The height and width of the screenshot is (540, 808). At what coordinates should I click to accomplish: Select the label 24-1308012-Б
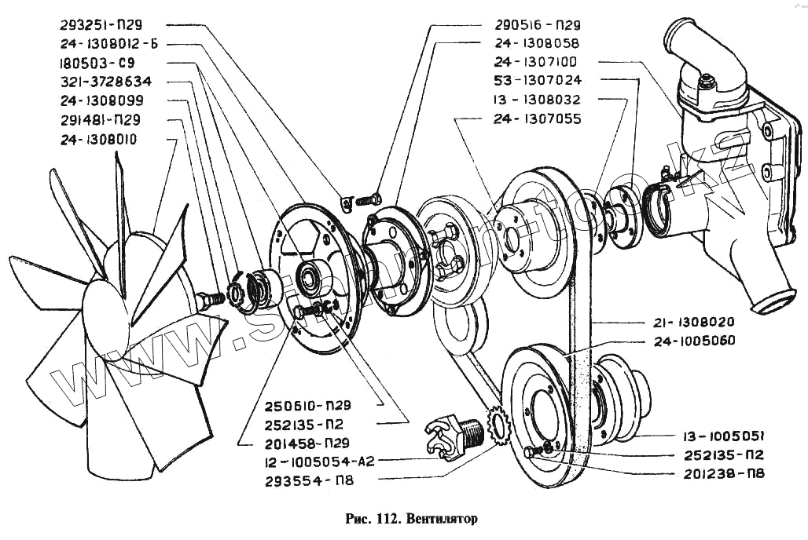click(x=108, y=44)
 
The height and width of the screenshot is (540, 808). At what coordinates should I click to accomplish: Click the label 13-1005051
click(x=714, y=436)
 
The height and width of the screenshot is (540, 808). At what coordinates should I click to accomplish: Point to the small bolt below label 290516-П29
click(x=368, y=199)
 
